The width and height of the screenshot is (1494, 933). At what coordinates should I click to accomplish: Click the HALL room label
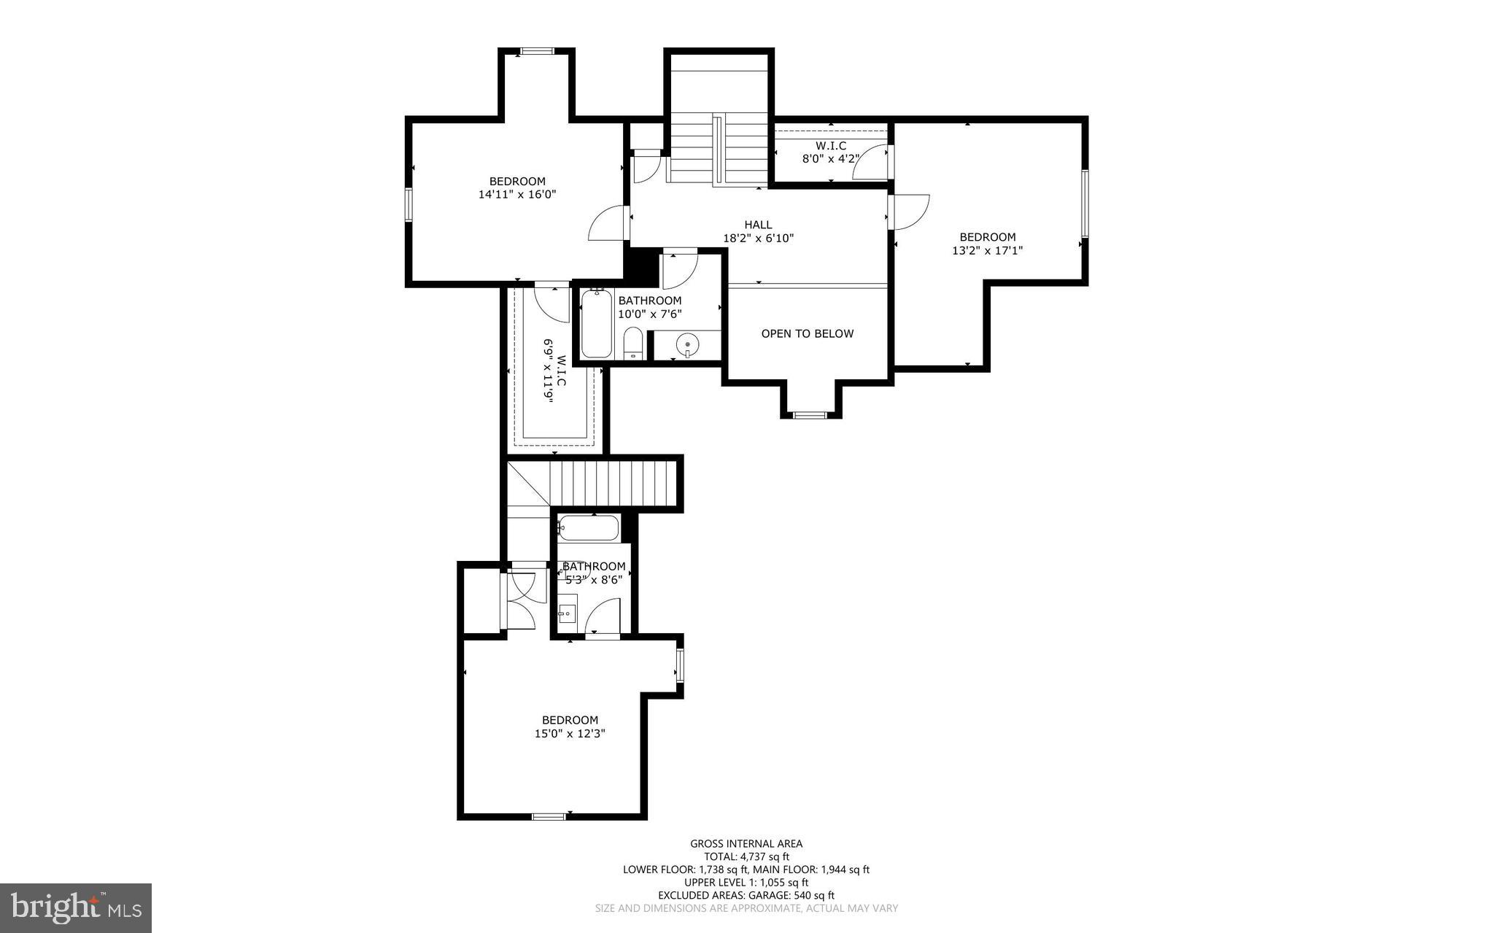[758, 225]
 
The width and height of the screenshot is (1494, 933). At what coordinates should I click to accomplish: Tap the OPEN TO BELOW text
[807, 333]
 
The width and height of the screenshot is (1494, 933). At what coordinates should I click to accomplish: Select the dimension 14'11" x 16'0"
[517, 195]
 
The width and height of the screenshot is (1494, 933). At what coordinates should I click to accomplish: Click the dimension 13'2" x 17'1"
[987, 250]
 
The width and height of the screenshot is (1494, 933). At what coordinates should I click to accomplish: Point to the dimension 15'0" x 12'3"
[570, 734]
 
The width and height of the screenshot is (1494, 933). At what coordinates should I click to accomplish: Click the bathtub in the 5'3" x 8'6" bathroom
[589, 527]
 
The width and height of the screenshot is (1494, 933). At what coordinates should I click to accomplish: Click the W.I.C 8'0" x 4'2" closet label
[830, 152]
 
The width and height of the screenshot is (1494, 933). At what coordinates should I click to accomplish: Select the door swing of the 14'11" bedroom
[608, 222]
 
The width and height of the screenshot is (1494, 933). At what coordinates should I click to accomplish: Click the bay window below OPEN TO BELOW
[810, 415]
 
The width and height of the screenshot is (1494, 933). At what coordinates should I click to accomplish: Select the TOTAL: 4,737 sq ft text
[746, 856]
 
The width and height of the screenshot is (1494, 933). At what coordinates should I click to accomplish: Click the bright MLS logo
[76, 907]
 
